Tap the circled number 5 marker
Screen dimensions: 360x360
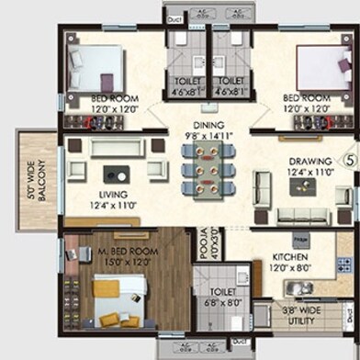[x=349, y=159]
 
